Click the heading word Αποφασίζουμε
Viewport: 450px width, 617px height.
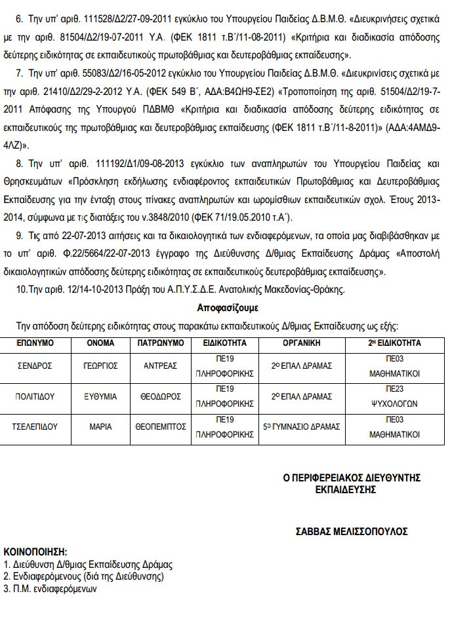pos(227,307)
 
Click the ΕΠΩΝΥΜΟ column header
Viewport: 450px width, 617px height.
pos(35,343)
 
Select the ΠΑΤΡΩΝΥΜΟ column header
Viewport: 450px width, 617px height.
pos(159,343)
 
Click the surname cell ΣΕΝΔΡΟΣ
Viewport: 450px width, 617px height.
pos(35,365)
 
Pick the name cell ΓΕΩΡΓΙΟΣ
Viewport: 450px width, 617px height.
pos(100,365)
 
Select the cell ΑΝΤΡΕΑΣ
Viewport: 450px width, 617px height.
pos(160,365)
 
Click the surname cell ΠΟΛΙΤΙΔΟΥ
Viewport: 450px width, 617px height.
pos(35,396)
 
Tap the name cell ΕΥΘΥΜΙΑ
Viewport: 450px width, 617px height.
pos(100,396)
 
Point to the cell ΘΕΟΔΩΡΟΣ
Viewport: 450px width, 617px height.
pos(160,396)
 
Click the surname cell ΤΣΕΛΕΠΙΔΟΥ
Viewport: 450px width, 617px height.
pos(35,426)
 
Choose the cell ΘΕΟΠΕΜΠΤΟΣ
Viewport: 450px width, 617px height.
pos(160,426)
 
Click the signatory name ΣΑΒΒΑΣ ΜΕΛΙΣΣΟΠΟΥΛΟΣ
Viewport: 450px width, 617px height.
pos(351,531)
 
